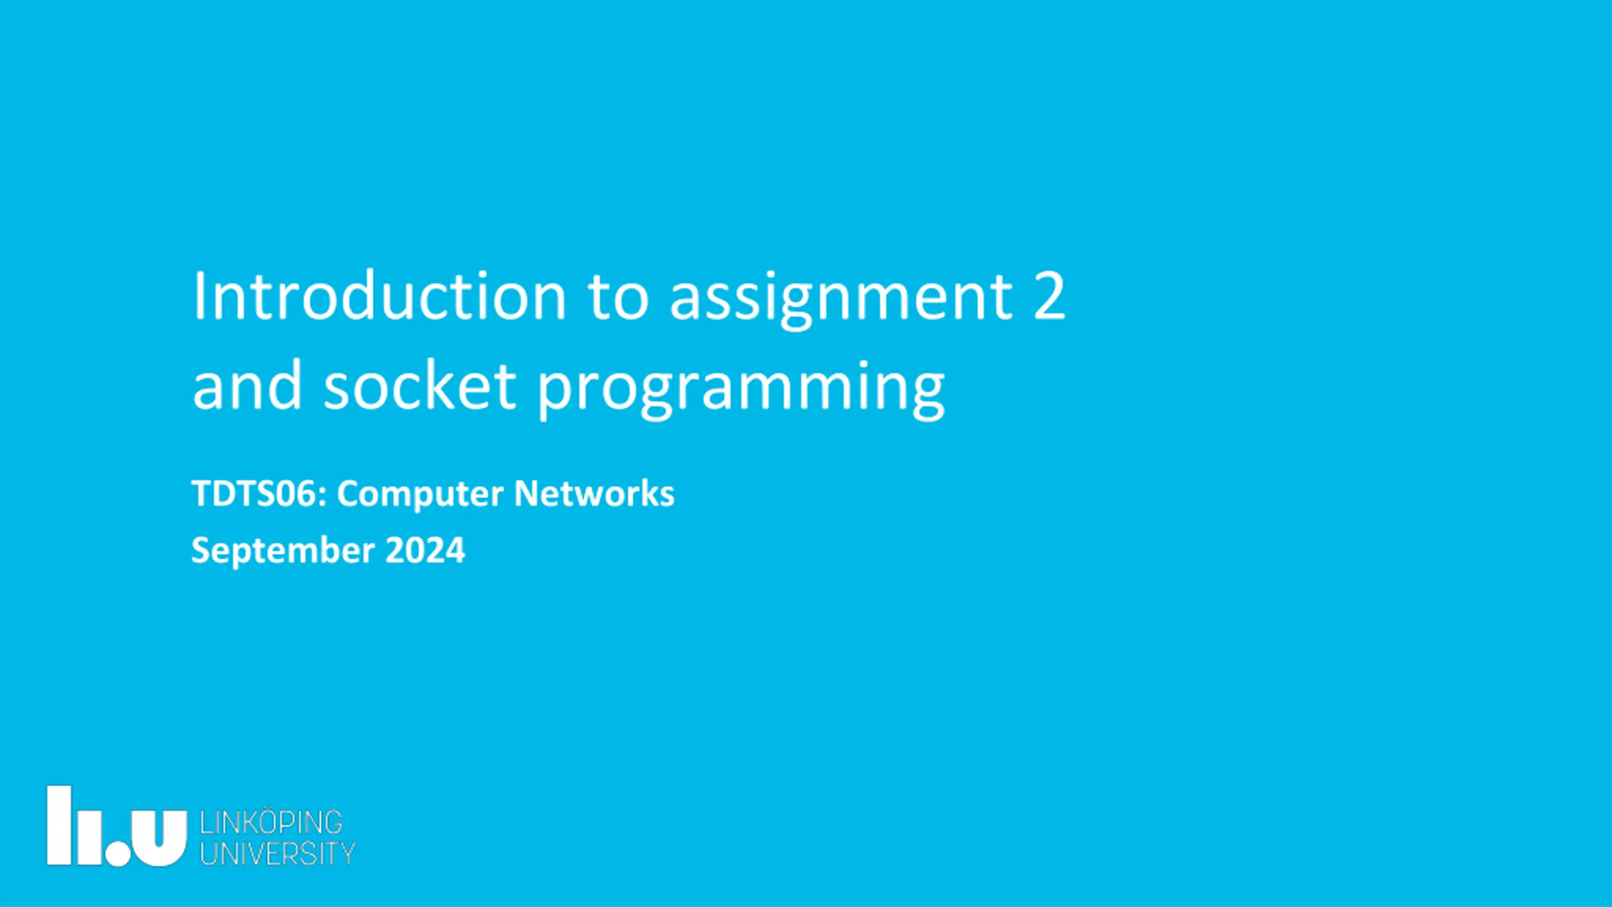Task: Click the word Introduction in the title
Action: (380, 295)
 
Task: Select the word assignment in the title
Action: (841, 300)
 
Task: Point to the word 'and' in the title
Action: (247, 385)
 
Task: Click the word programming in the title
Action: (741, 390)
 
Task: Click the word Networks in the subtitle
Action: (594, 493)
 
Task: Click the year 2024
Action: (425, 550)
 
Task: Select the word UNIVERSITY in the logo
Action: (278, 853)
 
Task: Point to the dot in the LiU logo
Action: (118, 854)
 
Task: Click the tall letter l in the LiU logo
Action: (59, 825)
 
